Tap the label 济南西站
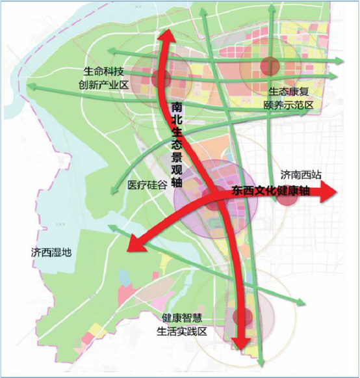point(302,175)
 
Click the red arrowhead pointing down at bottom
point(242,347)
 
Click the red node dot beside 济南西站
point(286,196)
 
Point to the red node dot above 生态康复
point(269,65)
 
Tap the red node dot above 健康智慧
point(242,317)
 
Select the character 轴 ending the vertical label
point(177,184)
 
